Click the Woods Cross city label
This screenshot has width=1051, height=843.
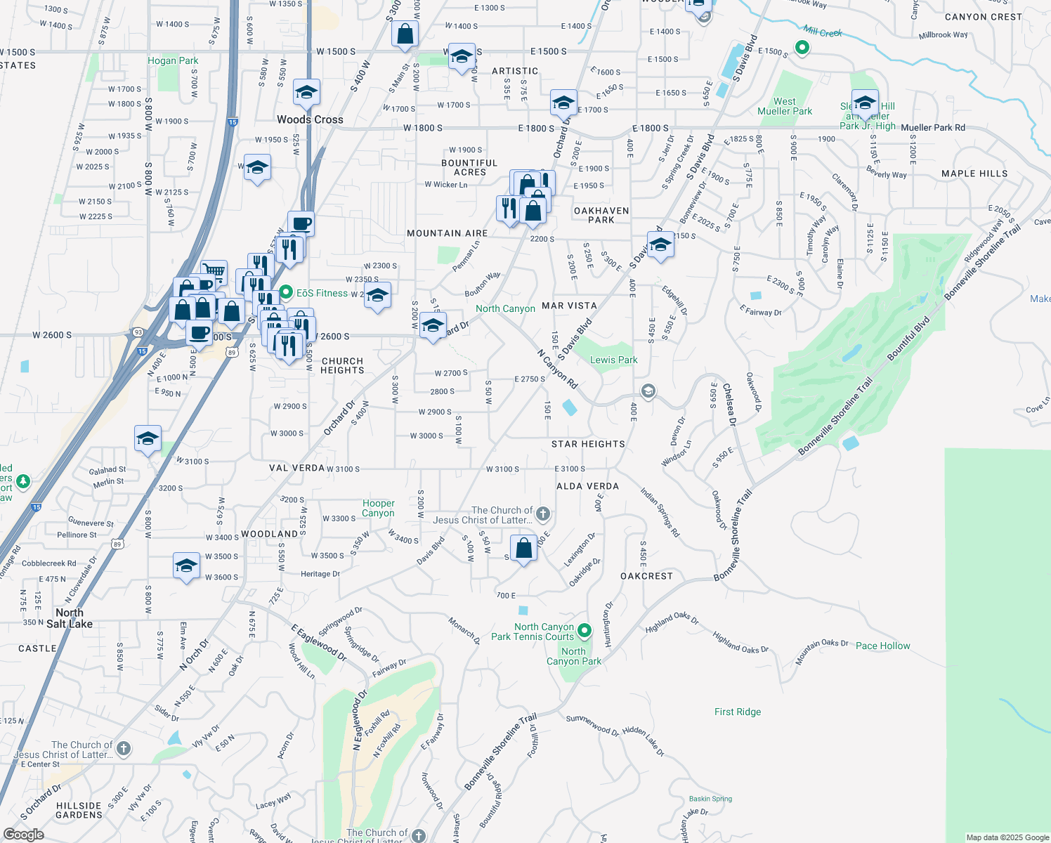click(310, 119)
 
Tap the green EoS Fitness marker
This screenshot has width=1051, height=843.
click(286, 292)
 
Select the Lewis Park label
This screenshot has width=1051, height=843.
click(613, 360)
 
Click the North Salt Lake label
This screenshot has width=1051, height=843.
click(69, 618)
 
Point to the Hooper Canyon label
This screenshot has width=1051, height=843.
click(378, 508)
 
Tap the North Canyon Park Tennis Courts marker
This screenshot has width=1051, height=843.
click(584, 632)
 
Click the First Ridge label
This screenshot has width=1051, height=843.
click(738, 712)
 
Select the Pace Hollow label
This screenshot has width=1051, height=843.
click(882, 646)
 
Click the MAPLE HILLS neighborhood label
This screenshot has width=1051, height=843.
click(974, 174)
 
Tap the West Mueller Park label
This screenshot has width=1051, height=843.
click(784, 106)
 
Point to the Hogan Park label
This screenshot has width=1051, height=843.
click(173, 60)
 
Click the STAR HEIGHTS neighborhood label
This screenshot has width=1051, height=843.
click(588, 444)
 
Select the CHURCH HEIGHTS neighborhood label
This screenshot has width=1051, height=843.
click(342, 365)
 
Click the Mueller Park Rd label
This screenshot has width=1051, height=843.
click(932, 128)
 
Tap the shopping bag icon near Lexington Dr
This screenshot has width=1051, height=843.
click(523, 548)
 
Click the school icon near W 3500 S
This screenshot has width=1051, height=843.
click(186, 566)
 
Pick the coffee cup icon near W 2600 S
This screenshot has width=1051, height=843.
click(200, 332)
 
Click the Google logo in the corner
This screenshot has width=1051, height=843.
click(23, 835)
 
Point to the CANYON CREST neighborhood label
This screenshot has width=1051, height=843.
click(983, 17)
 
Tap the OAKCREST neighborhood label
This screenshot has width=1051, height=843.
click(646, 576)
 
